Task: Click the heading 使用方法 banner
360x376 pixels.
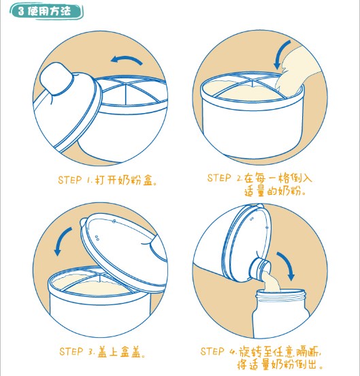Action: [x=46, y=11]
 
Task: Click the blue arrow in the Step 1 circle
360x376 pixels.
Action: [x=127, y=59]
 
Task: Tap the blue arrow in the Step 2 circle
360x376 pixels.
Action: [x=280, y=54]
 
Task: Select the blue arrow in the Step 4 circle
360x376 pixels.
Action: [x=287, y=264]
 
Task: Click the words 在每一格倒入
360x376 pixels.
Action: [x=278, y=178]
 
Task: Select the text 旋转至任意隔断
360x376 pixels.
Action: [x=279, y=351]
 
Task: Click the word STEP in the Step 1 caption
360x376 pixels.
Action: [x=70, y=180]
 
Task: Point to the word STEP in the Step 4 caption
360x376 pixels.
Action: [x=212, y=351]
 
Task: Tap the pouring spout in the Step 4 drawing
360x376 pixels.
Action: [x=260, y=269]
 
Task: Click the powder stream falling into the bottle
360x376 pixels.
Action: [x=271, y=282]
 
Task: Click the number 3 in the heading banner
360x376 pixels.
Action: [x=21, y=11]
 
